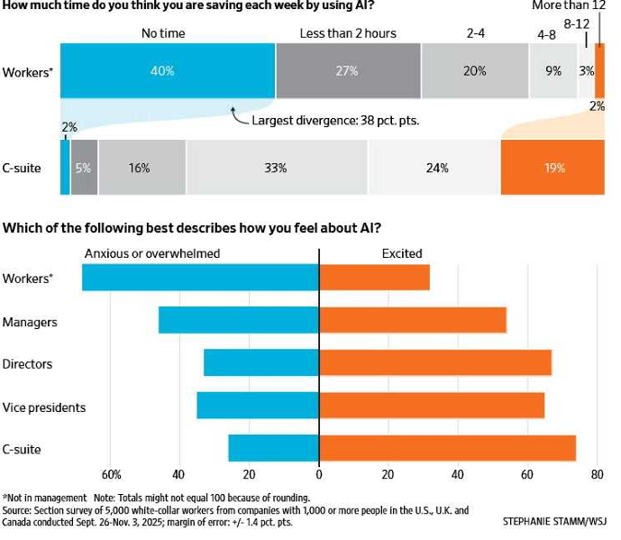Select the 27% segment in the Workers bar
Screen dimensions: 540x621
pyautogui.click(x=348, y=70)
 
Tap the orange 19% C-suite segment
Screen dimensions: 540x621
pyautogui.click(x=553, y=168)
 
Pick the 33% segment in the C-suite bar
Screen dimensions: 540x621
pyautogui.click(x=277, y=168)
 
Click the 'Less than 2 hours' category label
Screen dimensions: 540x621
pyautogui.click(x=348, y=33)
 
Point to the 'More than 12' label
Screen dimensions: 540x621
pyautogui.click(x=568, y=5)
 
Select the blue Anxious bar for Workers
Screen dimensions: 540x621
pyautogui.click(x=200, y=277)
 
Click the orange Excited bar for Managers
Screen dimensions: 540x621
pyautogui.click(x=413, y=320)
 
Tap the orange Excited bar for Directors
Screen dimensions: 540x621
pyautogui.click(x=435, y=363)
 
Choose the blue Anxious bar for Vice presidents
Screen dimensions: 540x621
pyautogui.click(x=258, y=406)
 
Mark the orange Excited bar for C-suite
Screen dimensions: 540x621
pyautogui.click(x=447, y=448)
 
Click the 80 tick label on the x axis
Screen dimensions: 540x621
pyautogui.click(x=596, y=475)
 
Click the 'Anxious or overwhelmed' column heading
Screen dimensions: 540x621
pyautogui.click(x=151, y=253)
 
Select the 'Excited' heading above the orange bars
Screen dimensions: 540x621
pyautogui.click(x=402, y=253)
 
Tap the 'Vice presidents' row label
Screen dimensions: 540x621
pyautogui.click(x=44, y=407)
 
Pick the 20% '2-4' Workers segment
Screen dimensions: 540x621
pyautogui.click(x=475, y=70)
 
